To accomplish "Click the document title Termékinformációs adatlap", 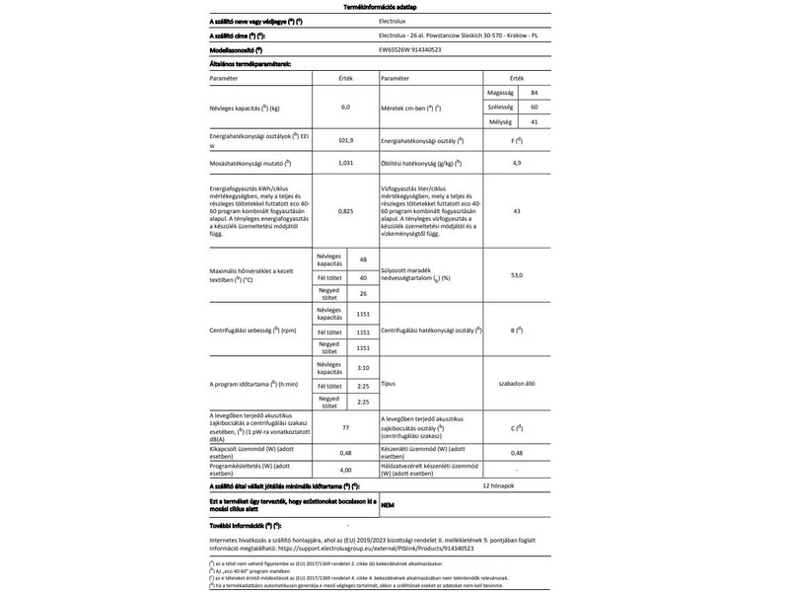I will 394,6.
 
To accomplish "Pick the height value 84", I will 534,91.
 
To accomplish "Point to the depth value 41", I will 534,121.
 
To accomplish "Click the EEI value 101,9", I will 346,140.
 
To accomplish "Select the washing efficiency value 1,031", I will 346,162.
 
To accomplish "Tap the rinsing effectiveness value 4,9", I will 516,162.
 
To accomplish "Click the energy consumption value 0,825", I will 346,211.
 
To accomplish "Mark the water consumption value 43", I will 516,211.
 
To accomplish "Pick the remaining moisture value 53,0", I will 516,276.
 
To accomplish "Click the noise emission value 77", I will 346,429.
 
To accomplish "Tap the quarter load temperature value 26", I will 363,294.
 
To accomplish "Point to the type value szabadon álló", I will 516,384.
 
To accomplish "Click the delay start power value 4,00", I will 346,470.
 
